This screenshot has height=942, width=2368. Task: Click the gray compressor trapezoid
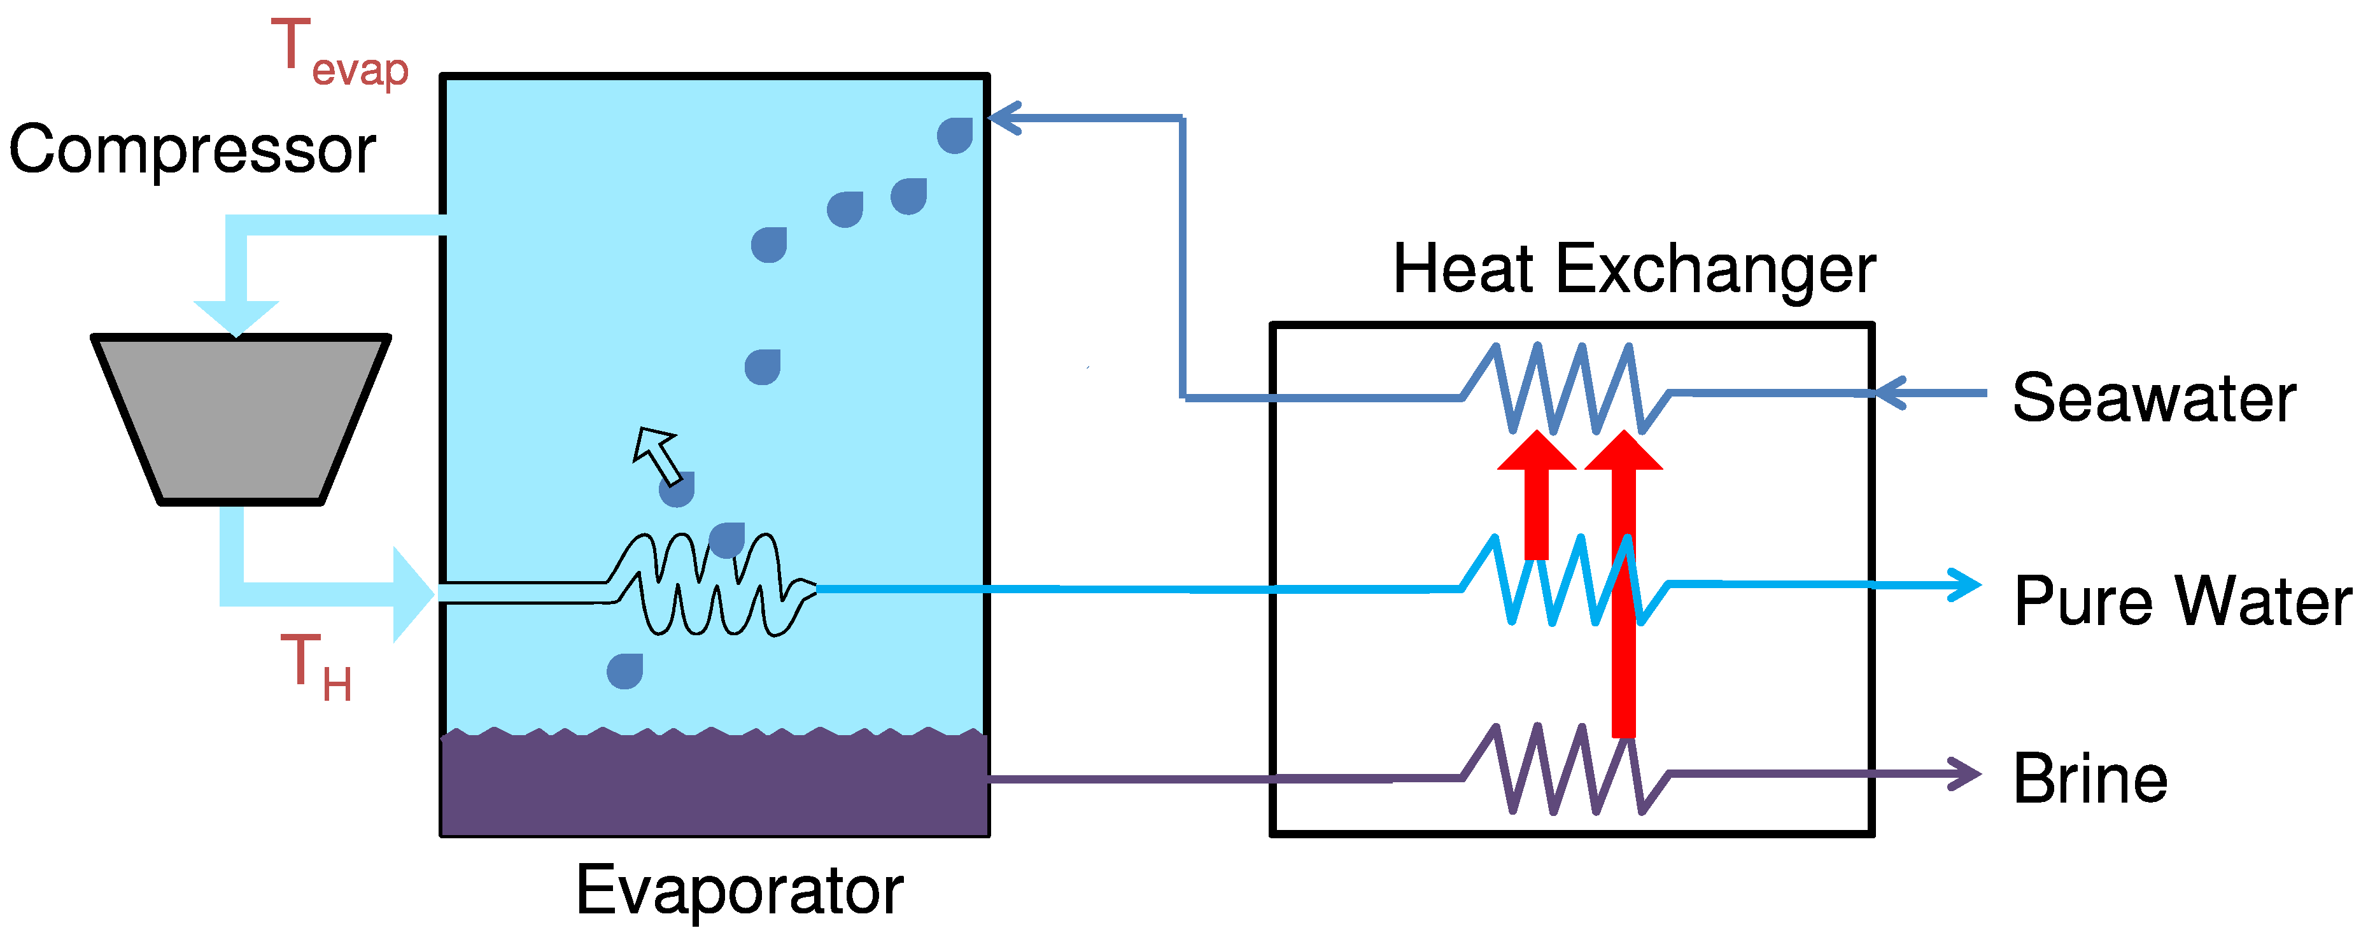click(x=241, y=418)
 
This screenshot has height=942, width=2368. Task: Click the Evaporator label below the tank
click(x=739, y=890)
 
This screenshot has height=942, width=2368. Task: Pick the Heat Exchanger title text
click(x=1633, y=269)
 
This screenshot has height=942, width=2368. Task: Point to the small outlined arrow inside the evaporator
click(x=656, y=453)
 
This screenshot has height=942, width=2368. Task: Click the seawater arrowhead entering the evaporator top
click(x=1004, y=118)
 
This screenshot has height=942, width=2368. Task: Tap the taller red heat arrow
click(x=1623, y=588)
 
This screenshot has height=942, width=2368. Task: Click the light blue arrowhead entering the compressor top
click(x=236, y=316)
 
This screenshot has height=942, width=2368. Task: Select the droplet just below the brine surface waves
click(x=624, y=671)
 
